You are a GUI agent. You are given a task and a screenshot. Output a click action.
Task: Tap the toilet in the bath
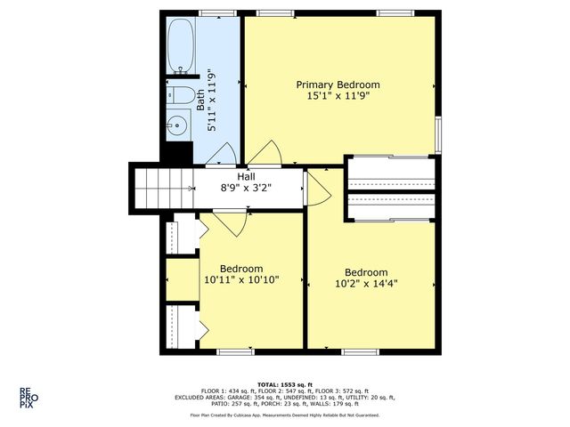181,96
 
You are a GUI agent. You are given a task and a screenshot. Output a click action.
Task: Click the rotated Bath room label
212,100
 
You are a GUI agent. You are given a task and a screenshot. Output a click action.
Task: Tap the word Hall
245,176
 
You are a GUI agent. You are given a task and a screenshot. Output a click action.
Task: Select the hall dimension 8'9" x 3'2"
245,189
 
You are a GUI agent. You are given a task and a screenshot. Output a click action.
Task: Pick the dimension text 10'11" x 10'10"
241,280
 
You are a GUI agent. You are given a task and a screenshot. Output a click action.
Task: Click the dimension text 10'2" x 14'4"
366,285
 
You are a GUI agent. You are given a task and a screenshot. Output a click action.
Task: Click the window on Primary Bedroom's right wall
437,133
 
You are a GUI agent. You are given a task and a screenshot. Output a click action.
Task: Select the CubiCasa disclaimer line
284,415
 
